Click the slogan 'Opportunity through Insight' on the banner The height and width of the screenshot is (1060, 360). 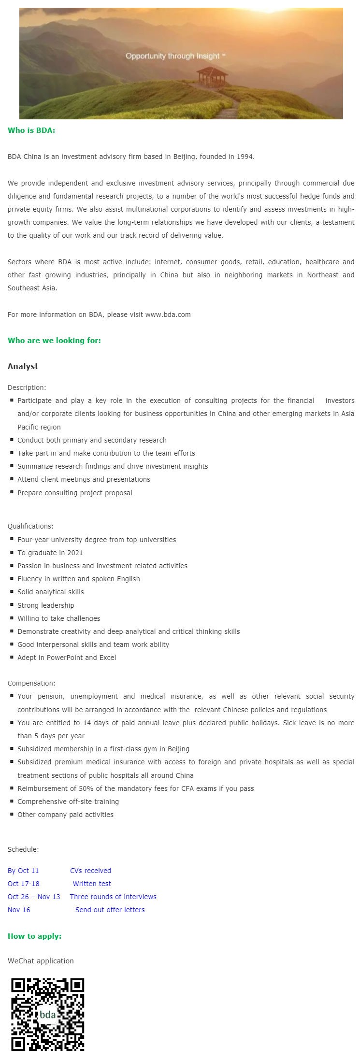[175, 56]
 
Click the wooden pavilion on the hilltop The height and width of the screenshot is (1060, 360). [212, 77]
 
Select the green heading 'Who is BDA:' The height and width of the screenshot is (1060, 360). [31, 130]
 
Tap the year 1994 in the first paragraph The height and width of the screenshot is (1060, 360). [245, 157]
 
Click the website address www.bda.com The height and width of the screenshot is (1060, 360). [168, 315]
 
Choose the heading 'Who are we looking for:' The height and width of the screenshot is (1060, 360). [54, 340]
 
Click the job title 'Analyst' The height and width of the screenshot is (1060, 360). [23, 366]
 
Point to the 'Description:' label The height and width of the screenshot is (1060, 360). [27, 387]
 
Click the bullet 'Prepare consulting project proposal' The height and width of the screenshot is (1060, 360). [74, 493]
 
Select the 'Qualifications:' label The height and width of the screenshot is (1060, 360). [30, 526]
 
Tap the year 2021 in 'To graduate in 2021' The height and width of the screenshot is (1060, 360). [75, 553]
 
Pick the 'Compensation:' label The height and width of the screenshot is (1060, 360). [31, 683]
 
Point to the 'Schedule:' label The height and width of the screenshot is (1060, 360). [23, 849]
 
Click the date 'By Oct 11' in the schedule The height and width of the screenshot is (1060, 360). [23, 871]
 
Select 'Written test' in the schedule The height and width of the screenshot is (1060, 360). [92, 884]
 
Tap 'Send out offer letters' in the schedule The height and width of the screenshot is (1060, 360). [110, 910]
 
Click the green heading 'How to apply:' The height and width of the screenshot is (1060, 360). [34, 936]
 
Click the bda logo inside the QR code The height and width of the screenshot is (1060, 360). [47, 1015]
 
